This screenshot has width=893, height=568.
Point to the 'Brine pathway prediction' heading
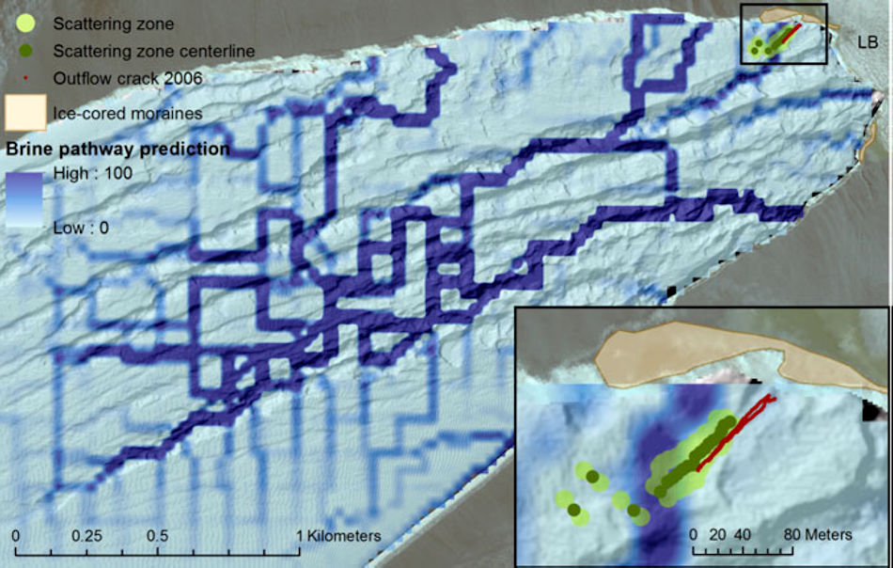pyautogui.click(x=118, y=149)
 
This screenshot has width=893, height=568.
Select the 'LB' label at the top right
pyautogui.click(x=868, y=42)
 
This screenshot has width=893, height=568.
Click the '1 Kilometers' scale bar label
pyautogui.click(x=339, y=535)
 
